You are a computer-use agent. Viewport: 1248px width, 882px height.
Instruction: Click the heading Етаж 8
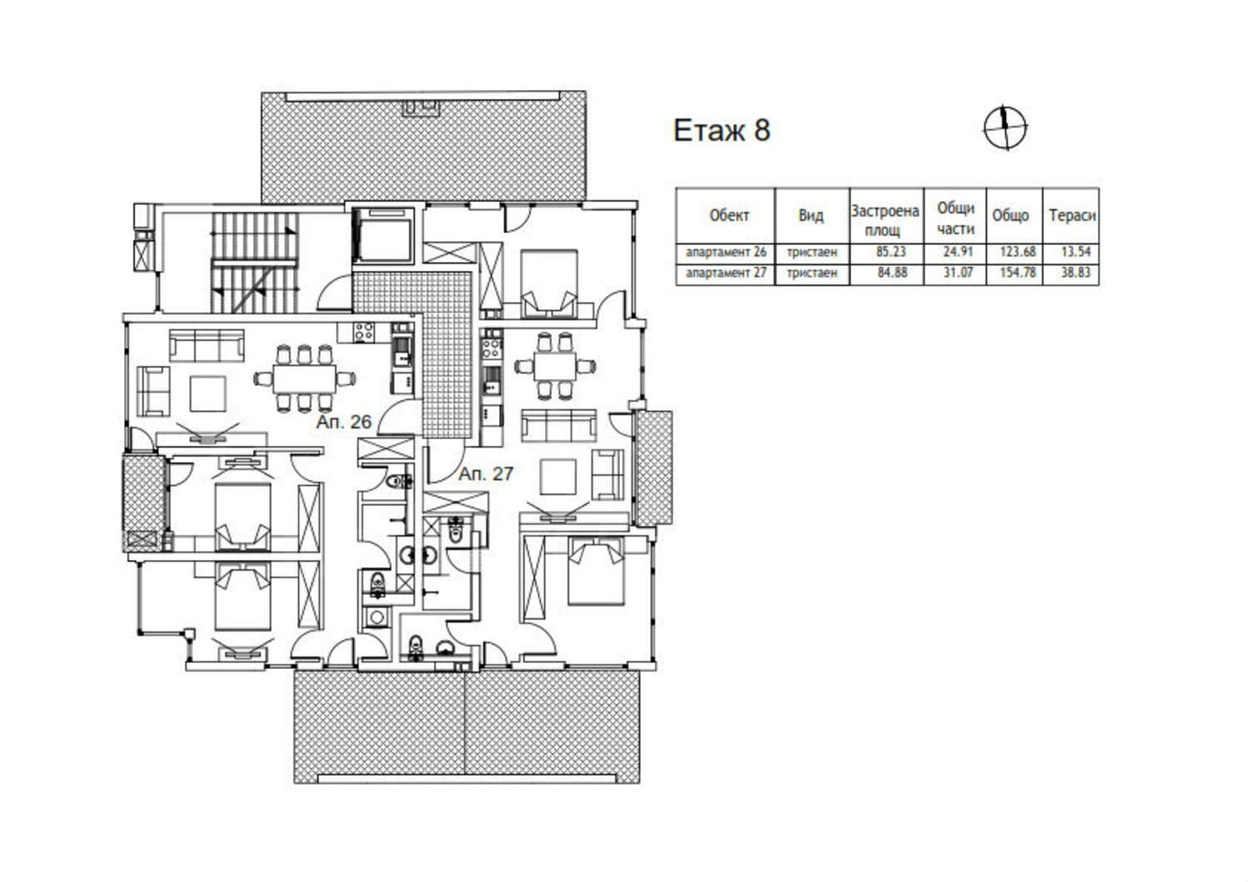(721, 131)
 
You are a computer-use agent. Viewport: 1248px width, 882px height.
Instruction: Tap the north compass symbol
(1005, 127)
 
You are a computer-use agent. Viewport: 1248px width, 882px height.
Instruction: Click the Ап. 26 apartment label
(344, 422)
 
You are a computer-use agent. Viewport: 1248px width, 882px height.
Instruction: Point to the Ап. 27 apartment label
(485, 473)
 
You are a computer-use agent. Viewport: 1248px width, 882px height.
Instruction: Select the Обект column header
(730, 216)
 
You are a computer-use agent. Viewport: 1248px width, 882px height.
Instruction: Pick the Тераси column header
(1072, 216)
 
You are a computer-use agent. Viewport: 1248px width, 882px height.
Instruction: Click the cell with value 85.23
(891, 252)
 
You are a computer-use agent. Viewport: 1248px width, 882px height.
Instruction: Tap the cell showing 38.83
(1076, 272)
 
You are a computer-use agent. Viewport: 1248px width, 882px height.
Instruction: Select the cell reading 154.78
(1018, 272)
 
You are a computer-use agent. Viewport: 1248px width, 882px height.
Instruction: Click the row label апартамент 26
(726, 252)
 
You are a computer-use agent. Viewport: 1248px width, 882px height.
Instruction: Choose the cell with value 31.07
(958, 272)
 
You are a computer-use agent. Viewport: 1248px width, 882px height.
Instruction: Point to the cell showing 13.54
(1076, 252)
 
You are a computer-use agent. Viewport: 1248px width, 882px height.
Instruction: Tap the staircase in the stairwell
(254, 262)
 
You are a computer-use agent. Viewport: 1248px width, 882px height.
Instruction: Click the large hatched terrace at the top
(423, 146)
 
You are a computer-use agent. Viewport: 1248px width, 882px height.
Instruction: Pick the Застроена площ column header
(885, 220)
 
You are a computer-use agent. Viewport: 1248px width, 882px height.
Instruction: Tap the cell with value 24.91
(958, 252)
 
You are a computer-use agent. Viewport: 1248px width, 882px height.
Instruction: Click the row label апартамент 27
(726, 272)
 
